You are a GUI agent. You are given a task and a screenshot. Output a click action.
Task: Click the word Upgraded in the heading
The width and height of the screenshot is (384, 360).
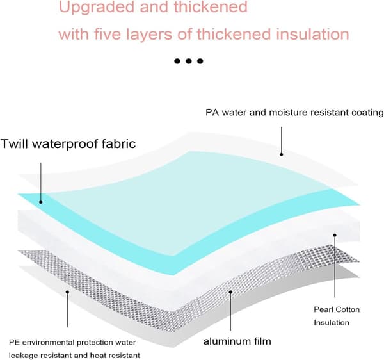click(97, 8)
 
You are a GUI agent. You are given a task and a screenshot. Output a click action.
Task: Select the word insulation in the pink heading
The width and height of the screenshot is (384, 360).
click(313, 34)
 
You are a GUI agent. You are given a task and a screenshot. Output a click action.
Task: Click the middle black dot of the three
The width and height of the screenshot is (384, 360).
click(189, 61)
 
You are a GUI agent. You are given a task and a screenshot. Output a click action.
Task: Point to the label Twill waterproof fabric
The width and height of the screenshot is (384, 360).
click(68, 143)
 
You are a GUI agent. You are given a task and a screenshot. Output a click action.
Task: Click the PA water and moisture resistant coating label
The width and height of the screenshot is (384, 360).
click(294, 113)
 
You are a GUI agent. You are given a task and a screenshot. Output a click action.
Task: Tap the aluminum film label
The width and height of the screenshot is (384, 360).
click(237, 341)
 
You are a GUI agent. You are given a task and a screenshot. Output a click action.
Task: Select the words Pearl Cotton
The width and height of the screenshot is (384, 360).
click(337, 309)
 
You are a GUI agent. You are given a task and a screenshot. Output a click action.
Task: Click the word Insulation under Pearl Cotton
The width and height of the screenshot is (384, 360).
click(332, 322)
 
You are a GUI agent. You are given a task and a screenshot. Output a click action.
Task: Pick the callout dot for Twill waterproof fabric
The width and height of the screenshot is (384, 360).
click(41, 202)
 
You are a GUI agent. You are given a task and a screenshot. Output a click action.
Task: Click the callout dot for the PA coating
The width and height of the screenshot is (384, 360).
click(282, 154)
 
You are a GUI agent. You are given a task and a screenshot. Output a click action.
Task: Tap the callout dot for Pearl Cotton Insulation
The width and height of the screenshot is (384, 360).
click(335, 235)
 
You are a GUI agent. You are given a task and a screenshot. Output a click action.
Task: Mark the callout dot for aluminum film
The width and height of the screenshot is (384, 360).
click(230, 292)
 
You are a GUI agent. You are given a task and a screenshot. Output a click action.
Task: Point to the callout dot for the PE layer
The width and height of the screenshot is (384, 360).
click(67, 291)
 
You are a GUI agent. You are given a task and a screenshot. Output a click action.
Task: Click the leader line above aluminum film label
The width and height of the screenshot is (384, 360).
click(230, 311)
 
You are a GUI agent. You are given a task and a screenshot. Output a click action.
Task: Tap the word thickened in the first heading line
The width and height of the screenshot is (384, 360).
click(211, 7)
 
